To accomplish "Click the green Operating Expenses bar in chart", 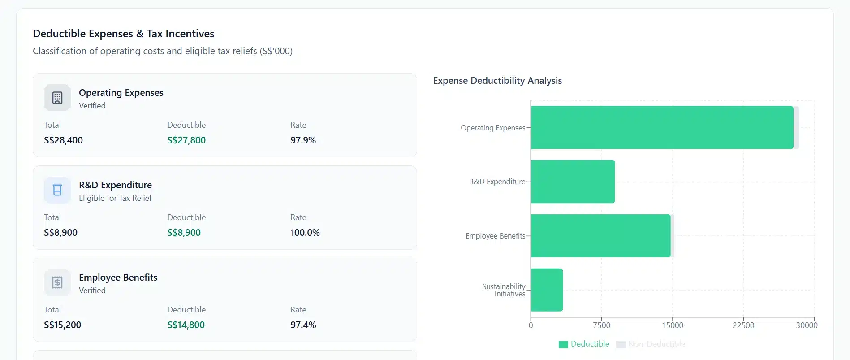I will (x=661, y=127).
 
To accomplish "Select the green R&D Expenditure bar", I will (x=572, y=182).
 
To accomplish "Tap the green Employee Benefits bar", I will (x=600, y=236).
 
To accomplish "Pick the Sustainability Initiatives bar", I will (x=546, y=290).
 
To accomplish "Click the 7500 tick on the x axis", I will (x=601, y=325).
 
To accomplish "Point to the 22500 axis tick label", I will (x=743, y=325).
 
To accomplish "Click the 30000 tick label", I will (x=806, y=325).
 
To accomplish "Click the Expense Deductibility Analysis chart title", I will (x=497, y=81).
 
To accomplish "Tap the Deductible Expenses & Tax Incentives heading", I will (x=124, y=34).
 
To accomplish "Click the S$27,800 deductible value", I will (x=186, y=140).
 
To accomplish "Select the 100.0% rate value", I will (x=305, y=233).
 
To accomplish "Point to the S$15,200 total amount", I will (x=62, y=325).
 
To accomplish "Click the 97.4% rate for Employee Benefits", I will (x=303, y=325).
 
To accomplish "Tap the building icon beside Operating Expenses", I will (x=57, y=98).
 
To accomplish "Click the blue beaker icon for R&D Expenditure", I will (x=57, y=190).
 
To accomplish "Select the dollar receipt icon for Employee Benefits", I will (x=57, y=282).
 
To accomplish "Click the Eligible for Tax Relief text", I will (x=115, y=198).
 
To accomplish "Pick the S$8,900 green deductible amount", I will (x=184, y=233).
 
